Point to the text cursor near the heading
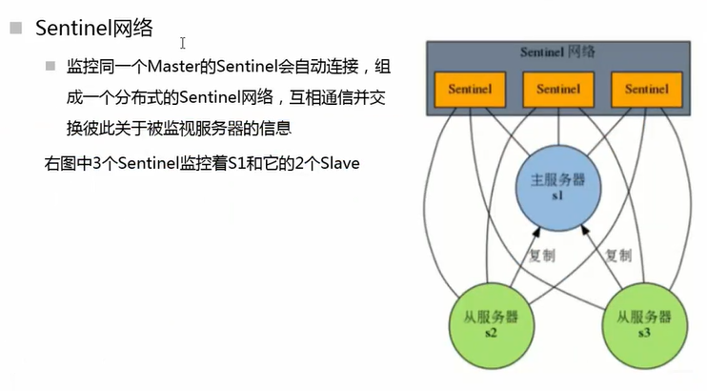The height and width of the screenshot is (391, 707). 182,43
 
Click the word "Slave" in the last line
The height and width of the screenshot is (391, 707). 338,163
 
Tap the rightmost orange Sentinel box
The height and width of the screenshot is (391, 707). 647,89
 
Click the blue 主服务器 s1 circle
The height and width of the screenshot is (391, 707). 557,184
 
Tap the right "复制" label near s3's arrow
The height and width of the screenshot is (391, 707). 618,255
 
